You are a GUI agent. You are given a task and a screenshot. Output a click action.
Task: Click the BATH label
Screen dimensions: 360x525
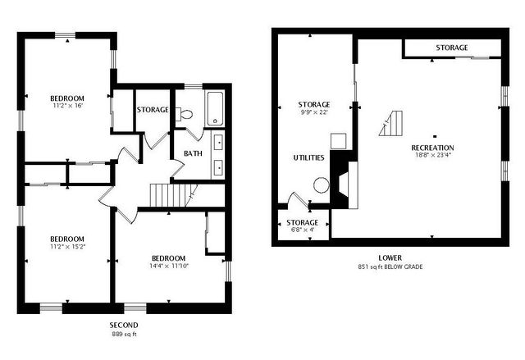[x=193, y=153]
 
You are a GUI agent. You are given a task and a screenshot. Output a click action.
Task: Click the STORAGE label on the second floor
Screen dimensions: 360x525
[x=153, y=109]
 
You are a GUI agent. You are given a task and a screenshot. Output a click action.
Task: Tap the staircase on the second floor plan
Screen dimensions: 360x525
[x=169, y=195]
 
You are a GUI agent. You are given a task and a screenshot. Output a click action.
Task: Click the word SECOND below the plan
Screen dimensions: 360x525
[x=123, y=325]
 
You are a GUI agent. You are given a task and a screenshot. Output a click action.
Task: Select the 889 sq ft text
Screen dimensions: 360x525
[x=123, y=335]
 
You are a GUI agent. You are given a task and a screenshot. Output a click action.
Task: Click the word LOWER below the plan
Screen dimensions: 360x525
[x=390, y=257]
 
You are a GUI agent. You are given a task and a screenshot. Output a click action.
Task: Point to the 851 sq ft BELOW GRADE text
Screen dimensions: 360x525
[x=390, y=267]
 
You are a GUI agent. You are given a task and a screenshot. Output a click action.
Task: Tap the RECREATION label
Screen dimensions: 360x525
[x=432, y=148]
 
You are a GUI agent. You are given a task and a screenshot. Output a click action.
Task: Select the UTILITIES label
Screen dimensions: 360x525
[x=308, y=157]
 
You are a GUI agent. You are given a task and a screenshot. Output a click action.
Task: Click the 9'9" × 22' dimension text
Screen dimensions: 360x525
[x=314, y=112]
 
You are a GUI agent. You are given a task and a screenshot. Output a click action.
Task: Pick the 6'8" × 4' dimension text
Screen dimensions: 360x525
[x=303, y=230]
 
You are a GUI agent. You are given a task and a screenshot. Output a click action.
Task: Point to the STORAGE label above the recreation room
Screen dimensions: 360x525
[x=451, y=48]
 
